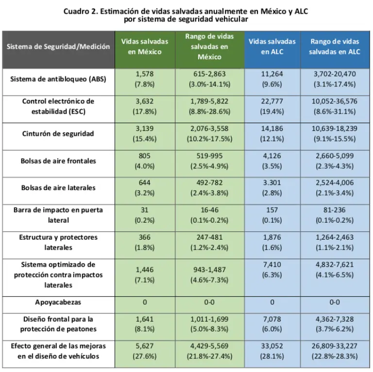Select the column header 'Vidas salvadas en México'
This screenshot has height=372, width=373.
(145, 47)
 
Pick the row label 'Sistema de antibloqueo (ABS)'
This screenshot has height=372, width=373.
(58, 79)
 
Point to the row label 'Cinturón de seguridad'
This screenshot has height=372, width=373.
(58, 133)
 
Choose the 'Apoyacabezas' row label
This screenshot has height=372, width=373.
(58, 302)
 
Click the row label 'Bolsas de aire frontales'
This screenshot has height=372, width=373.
(58, 161)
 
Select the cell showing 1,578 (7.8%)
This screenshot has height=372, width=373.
(145, 79)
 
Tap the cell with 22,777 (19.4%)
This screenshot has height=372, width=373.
(272, 106)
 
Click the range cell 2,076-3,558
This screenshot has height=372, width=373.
(209, 133)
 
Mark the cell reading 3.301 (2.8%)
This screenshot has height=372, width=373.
(272, 188)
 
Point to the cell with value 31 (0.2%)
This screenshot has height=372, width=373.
(145, 215)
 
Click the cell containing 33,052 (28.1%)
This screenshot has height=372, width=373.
(272, 351)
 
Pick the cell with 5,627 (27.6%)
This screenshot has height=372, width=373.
(145, 351)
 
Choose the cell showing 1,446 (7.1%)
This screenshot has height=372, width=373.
(145, 275)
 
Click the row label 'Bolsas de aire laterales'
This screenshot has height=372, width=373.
(58, 188)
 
